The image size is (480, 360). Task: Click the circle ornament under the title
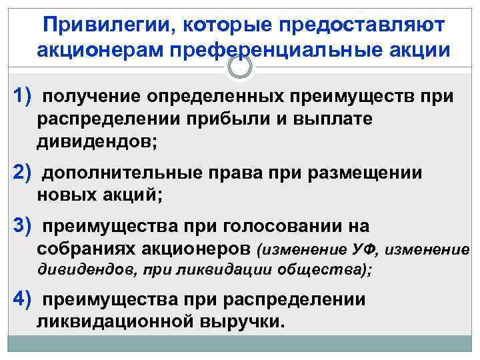(x=241, y=67)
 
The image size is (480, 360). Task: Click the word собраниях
(x=87, y=249)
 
